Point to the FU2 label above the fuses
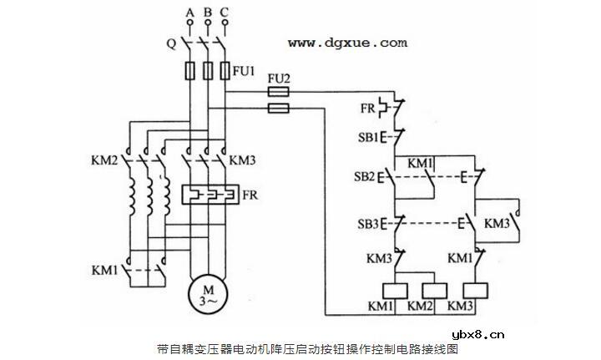pos(278,78)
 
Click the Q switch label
pos(170,43)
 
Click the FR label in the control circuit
pos(367,107)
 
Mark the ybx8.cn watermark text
pos(477,336)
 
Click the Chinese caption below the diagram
pos(307,348)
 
